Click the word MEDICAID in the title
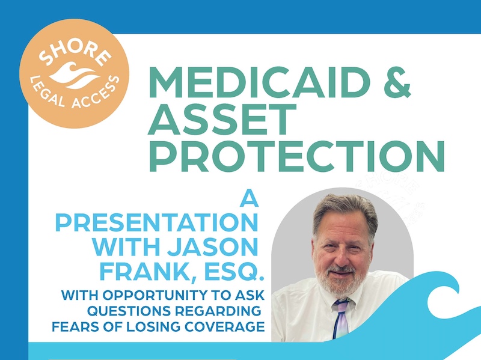tap(260, 82)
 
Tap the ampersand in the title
tap(397, 82)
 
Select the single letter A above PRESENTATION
tap(250, 199)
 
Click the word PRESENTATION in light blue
tap(156, 222)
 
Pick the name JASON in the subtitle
tap(212, 246)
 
